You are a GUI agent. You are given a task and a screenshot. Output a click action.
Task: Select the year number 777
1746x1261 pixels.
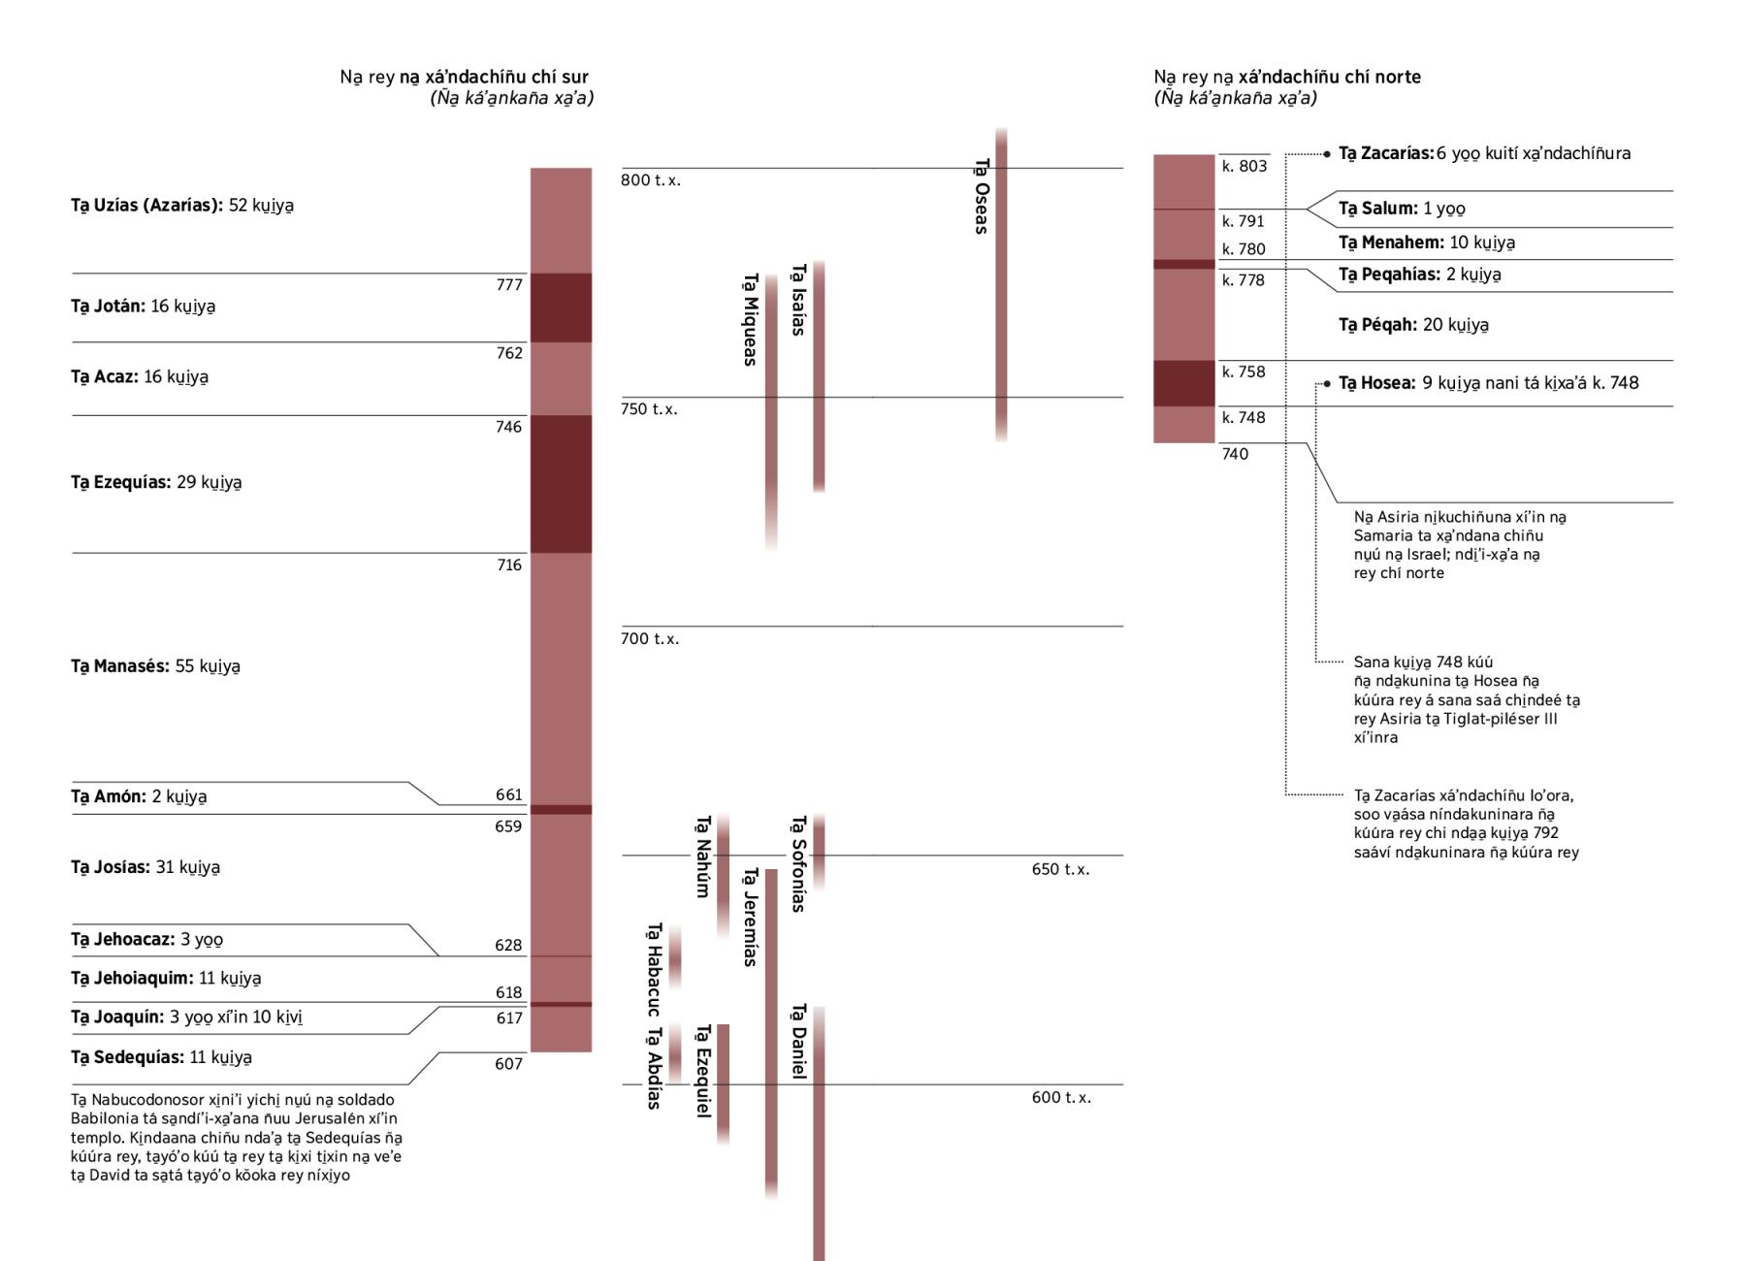pos(509,285)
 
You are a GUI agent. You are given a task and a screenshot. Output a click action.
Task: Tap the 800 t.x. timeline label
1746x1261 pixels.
pos(650,180)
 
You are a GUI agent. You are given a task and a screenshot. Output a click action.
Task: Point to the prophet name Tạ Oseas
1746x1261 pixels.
pos(982,196)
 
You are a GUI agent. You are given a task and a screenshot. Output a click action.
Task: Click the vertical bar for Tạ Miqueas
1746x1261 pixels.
pos(771,407)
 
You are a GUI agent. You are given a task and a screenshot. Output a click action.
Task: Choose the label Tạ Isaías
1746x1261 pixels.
pos(798,300)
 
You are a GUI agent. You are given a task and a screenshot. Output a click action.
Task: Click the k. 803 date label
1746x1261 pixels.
pos(1245,167)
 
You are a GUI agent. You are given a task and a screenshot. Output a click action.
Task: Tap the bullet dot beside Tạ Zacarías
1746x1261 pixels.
pos(1327,153)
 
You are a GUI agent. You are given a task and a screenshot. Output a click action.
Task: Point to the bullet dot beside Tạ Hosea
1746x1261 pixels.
pos(1327,384)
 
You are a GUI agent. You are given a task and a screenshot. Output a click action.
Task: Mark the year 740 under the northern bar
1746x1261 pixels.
pos(1235,454)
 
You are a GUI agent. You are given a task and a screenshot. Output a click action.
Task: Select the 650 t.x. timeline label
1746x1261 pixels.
pos(1060,869)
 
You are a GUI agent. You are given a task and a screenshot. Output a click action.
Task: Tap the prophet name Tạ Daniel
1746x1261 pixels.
pos(798,1042)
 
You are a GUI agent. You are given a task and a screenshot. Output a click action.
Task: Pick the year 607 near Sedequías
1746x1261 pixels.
pos(508,1064)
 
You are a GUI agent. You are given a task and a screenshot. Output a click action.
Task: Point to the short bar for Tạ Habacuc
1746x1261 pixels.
pos(675,957)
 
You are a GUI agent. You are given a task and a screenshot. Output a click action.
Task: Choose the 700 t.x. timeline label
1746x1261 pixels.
pos(650,639)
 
